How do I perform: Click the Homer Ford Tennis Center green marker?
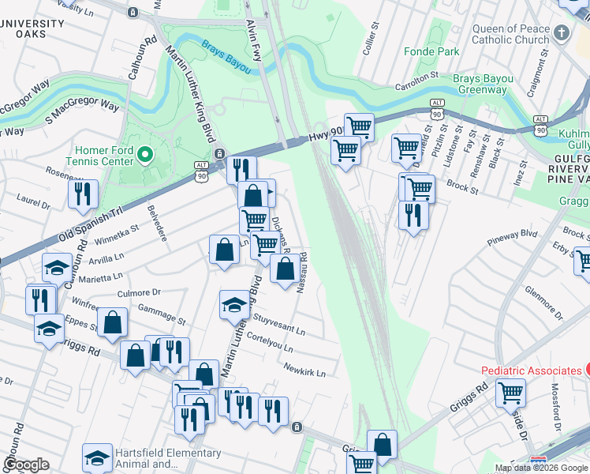coord(144,153)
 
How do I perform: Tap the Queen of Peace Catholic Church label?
coord(510,34)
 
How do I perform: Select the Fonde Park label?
coord(431,51)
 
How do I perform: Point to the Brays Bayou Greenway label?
coord(483,84)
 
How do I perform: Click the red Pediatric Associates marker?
coord(587,370)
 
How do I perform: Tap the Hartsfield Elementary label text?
coord(167,453)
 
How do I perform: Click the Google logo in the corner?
coord(25,465)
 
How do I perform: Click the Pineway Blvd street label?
coord(513,234)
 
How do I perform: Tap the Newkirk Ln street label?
coord(305,370)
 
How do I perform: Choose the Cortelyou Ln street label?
coord(271,342)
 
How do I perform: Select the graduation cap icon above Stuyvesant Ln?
coord(235,304)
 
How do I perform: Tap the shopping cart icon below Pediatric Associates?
coord(510,391)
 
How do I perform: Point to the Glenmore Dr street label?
coord(543,303)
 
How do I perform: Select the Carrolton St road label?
coord(416,78)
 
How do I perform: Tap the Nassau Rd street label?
coord(301,271)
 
